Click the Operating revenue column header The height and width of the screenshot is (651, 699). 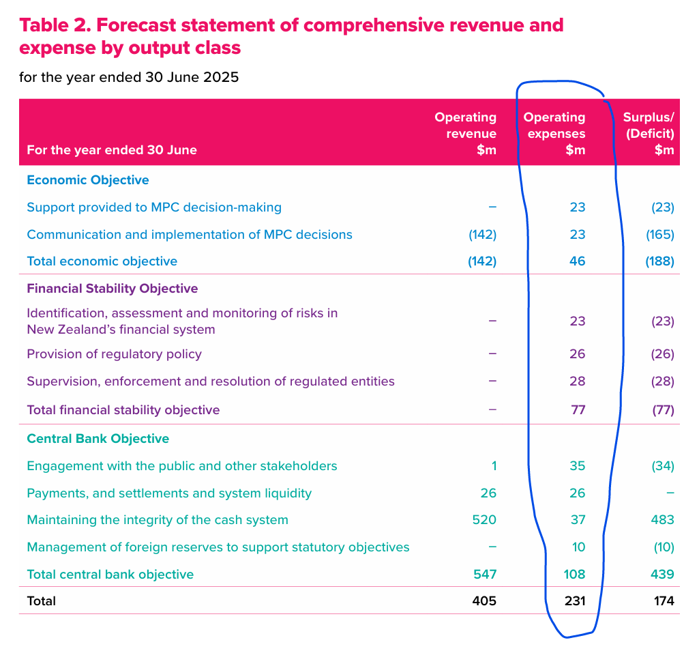point(466,134)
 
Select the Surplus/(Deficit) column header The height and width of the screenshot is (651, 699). point(649,134)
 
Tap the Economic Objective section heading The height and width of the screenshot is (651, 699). point(87,180)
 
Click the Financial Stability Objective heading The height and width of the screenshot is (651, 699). point(112,289)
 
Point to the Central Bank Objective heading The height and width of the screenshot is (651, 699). point(98,439)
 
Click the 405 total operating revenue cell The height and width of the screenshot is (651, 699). point(484,601)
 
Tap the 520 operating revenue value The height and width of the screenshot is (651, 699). point(484,520)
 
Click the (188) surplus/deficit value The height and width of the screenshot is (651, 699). point(659,261)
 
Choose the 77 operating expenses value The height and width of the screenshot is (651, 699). point(578,410)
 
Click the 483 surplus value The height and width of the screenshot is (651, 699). point(662,520)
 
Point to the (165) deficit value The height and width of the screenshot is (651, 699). point(659,235)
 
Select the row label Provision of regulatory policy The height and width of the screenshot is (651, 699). point(114,354)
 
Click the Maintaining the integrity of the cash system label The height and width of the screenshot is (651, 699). point(157,520)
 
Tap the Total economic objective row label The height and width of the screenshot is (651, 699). point(102,261)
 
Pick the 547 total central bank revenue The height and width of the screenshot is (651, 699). point(484,575)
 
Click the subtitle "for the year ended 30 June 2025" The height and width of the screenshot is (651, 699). point(129,76)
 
